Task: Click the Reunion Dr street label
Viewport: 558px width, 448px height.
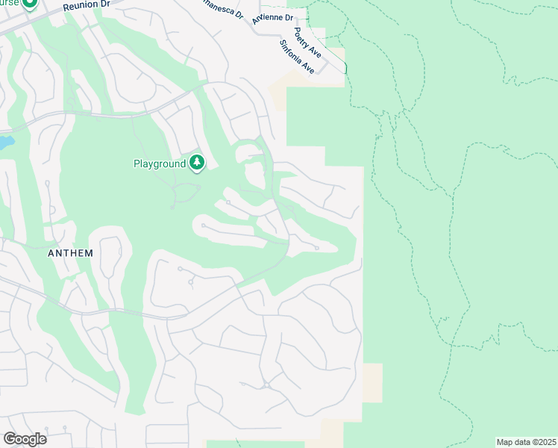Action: tap(87, 5)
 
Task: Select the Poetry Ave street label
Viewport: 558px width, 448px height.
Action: tap(307, 43)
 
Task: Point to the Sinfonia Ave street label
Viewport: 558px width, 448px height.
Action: tap(296, 57)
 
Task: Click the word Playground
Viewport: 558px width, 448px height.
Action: tap(159, 164)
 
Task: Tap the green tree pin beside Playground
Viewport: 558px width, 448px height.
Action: tap(197, 162)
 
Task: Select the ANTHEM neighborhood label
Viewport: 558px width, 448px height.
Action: tap(70, 253)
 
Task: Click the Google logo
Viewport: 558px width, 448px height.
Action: tap(25, 438)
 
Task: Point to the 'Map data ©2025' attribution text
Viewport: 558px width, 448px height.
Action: tap(525, 442)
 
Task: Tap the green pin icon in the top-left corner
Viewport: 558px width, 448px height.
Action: tap(29, 4)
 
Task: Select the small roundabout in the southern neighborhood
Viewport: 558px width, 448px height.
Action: tap(266, 385)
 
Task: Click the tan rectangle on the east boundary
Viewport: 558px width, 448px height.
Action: tap(372, 383)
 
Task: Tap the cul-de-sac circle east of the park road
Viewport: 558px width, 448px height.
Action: tap(316, 248)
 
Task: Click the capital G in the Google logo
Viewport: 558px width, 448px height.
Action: tap(10, 438)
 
